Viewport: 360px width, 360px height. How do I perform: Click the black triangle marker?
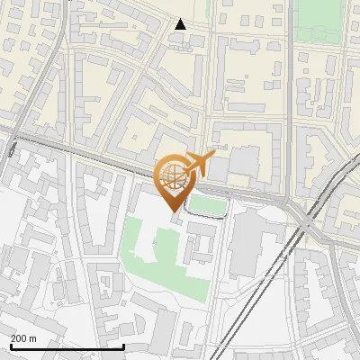[180, 24]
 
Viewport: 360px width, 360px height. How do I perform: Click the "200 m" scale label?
[23, 337]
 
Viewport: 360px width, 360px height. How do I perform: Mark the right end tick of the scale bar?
[123, 344]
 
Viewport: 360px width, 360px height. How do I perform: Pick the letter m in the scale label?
[33, 337]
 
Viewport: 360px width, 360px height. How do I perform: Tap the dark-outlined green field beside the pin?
[207, 205]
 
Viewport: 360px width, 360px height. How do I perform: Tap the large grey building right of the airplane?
[243, 163]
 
